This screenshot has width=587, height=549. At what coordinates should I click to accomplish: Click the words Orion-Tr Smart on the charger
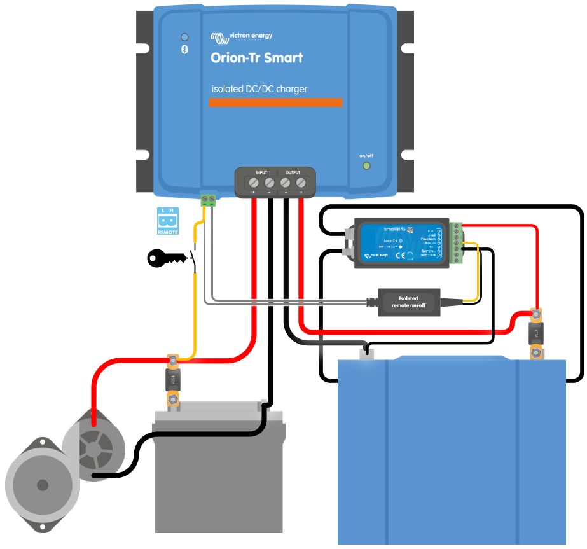pyautogui.click(x=256, y=58)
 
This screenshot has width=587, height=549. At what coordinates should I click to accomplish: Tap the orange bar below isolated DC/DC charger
pyautogui.click(x=276, y=102)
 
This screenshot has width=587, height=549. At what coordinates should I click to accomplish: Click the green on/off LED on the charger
pyautogui.click(x=366, y=166)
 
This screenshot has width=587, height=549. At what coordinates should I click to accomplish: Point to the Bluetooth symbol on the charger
pyautogui.click(x=185, y=50)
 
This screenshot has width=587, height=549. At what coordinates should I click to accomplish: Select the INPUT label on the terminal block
pyautogui.click(x=261, y=172)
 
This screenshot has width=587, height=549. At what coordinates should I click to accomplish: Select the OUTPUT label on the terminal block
pyautogui.click(x=293, y=172)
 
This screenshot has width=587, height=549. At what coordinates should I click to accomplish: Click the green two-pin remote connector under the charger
pyautogui.click(x=208, y=199)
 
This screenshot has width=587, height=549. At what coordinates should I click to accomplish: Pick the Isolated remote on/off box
pyautogui.click(x=408, y=302)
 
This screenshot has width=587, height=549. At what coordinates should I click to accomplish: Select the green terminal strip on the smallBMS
pyautogui.click(x=457, y=242)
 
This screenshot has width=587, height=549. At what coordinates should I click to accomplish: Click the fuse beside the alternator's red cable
pyautogui.click(x=172, y=380)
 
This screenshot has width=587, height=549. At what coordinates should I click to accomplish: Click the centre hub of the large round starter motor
pyautogui.click(x=43, y=485)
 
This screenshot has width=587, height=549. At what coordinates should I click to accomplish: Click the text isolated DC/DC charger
pyautogui.click(x=259, y=89)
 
